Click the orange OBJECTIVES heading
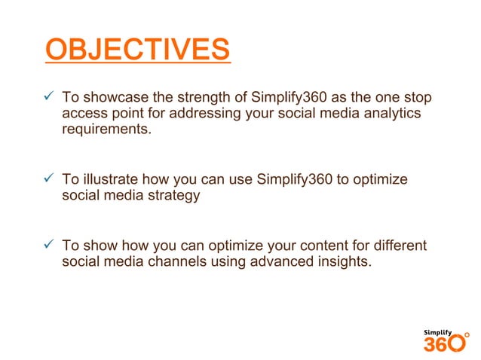tap(137, 51)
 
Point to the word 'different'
tap(399, 246)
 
